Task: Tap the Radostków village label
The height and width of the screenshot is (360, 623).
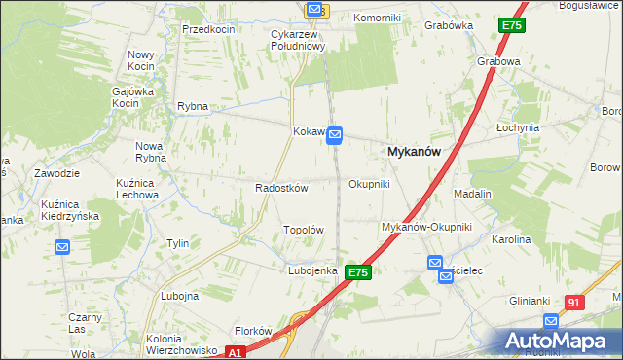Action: click(281, 188)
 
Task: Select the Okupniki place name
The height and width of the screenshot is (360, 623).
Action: click(369, 184)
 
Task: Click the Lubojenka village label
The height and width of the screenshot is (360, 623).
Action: click(311, 270)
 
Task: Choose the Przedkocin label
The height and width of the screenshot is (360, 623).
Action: click(209, 29)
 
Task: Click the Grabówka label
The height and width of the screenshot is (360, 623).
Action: click(448, 26)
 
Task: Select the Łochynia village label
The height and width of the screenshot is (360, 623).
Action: click(517, 127)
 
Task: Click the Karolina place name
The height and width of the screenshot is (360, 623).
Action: click(511, 238)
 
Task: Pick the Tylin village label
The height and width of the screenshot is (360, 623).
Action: click(177, 243)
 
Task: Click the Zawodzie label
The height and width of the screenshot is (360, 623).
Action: click(55, 173)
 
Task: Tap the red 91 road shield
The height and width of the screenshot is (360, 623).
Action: click(574, 303)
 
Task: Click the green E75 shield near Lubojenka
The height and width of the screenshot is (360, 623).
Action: click(357, 273)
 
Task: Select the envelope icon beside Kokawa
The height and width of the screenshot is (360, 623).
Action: click(335, 134)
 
